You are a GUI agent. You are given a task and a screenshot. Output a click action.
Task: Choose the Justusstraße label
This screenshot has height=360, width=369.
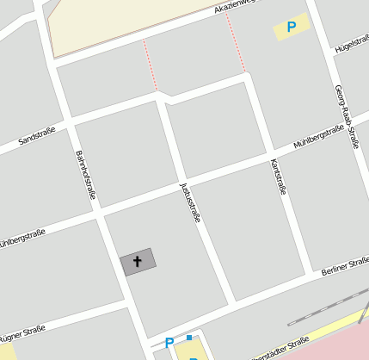pyautogui.click(x=190, y=202)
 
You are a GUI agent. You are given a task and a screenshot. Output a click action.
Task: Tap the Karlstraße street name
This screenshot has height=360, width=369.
pyautogui.click(x=277, y=177)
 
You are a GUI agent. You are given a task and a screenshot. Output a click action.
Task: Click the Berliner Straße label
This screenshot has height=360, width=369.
pyautogui.click(x=344, y=268)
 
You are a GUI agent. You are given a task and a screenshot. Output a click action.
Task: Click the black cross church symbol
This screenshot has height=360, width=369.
pyautogui.click(x=138, y=261)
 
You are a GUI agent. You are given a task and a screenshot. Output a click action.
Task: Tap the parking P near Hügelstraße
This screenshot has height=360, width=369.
pyautogui.click(x=292, y=28)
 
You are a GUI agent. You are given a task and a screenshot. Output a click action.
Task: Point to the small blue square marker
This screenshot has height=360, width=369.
pyautogui.click(x=188, y=338)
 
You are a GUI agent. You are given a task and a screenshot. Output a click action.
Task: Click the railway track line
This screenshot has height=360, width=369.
pyautogui.click(x=335, y=307)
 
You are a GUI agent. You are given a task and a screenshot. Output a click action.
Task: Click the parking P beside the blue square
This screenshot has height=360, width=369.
pyautogui.click(x=169, y=344)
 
